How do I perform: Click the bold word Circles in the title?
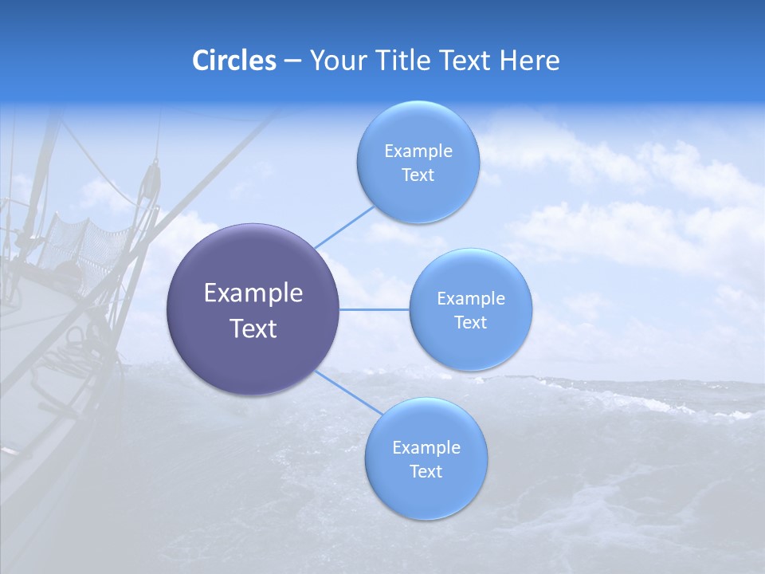click(x=233, y=61)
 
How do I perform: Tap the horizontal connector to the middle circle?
click(x=374, y=309)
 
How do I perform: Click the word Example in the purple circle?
click(x=253, y=293)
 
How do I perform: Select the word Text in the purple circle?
click(x=253, y=328)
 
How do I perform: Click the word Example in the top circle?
click(x=418, y=151)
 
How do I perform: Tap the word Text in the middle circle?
click(x=470, y=323)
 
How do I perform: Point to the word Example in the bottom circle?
click(x=426, y=448)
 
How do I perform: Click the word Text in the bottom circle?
click(x=426, y=472)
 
